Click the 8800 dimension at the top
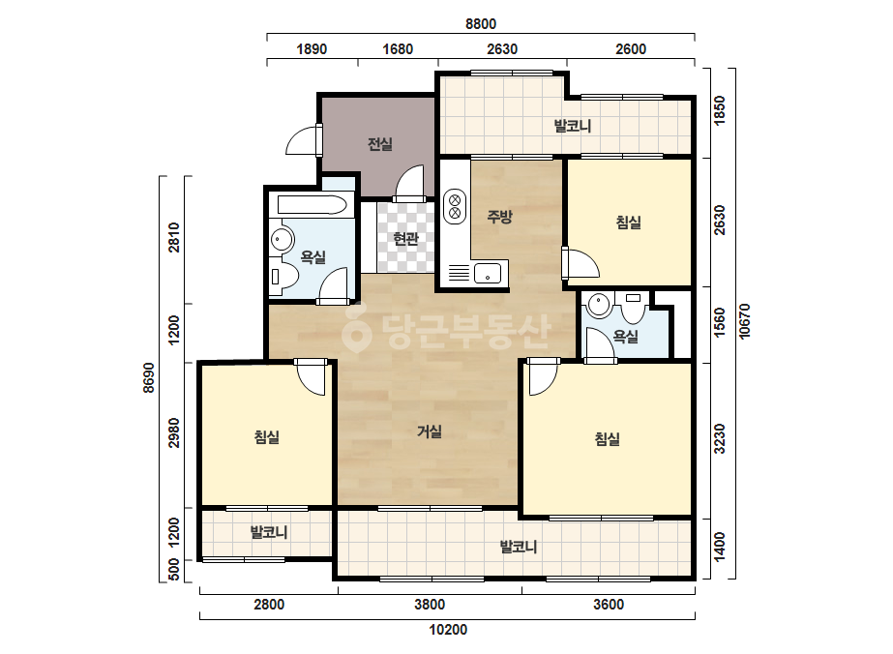(481, 24)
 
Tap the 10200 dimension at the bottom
(448, 630)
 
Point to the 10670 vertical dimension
(744, 321)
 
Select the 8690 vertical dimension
(149, 377)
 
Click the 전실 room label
(380, 144)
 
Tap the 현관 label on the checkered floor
(406, 238)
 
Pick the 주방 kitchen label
(500, 216)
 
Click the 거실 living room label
(430, 431)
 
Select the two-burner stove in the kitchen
(455, 206)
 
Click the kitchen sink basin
(488, 273)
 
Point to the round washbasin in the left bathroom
(281, 239)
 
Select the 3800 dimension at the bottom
(430, 605)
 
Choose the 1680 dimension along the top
(398, 49)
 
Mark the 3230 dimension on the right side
(720, 438)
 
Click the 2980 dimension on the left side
(174, 433)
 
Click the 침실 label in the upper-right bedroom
(629, 223)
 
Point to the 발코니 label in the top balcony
(573, 126)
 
